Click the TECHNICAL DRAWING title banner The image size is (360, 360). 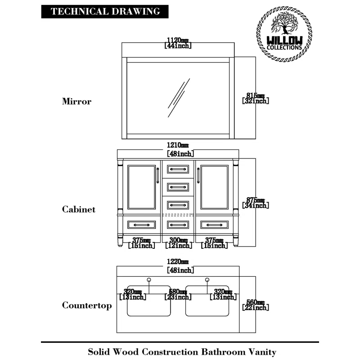[x=105, y=12]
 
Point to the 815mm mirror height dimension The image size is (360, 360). [x=256, y=98]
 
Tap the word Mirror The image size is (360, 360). [x=76, y=102]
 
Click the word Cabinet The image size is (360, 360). [x=79, y=210]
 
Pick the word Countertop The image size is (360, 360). [x=87, y=306]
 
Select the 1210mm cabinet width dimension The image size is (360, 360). [x=178, y=149]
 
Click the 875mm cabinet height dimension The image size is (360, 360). [x=256, y=203]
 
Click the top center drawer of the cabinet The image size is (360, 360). [x=178, y=169]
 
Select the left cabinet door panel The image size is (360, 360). [x=141, y=187]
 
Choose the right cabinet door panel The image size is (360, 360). [x=215, y=187]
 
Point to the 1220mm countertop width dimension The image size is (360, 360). [x=178, y=266]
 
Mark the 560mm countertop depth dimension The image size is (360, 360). [x=256, y=305]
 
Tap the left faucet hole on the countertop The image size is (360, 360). [x=149, y=280]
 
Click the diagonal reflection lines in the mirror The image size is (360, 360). [x=178, y=98]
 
